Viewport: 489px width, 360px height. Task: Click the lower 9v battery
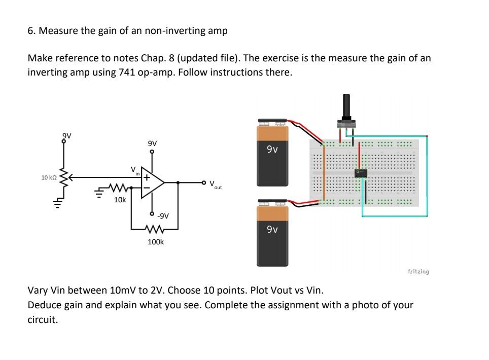pos(272,234)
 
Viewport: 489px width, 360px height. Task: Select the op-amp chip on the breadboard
pos(361,173)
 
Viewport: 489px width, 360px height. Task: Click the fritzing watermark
pos(418,272)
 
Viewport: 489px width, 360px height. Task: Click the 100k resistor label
pos(155,242)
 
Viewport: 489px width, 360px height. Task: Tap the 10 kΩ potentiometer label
pos(49,178)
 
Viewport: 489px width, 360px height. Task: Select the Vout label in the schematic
pos(215,185)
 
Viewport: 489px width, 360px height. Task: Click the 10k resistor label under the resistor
pos(120,200)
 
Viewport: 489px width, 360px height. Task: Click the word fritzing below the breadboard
pos(418,272)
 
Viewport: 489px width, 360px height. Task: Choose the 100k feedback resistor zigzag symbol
pos(155,228)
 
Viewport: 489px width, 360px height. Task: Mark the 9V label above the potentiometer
pos(66,135)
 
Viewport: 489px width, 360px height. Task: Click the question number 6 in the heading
pos(30,30)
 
